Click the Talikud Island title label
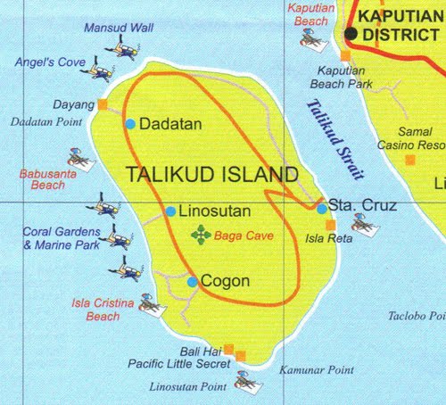[211, 174]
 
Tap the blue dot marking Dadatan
[130, 124]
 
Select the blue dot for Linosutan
[170, 211]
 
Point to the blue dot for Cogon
[192, 282]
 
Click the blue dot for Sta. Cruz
[321, 209]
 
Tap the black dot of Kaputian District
[351, 34]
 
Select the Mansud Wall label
[119, 28]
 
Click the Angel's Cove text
[50, 63]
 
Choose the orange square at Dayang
[103, 104]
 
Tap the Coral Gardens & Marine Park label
[61, 238]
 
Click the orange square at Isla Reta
[330, 225]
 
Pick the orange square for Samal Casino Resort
[409, 161]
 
